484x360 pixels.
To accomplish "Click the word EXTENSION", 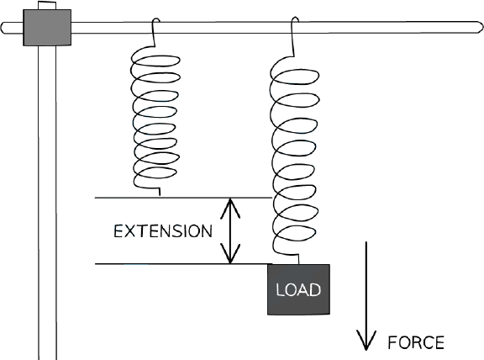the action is (163, 231).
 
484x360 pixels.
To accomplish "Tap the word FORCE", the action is (416, 342).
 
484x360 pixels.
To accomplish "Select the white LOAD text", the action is (298, 290).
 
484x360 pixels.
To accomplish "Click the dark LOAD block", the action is (298, 289).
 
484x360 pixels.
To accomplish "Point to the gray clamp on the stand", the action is (47, 28).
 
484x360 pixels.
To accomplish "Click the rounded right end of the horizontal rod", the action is (479, 27).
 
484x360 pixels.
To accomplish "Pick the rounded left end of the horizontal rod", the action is (4, 28).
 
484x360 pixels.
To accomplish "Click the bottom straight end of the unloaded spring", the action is (160, 192).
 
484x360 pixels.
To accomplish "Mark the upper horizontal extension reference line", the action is (183, 198).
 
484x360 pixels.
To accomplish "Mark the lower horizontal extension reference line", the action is (183, 264).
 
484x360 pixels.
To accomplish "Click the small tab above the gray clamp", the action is (47, 5).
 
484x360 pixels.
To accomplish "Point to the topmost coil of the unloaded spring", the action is (155, 61).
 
